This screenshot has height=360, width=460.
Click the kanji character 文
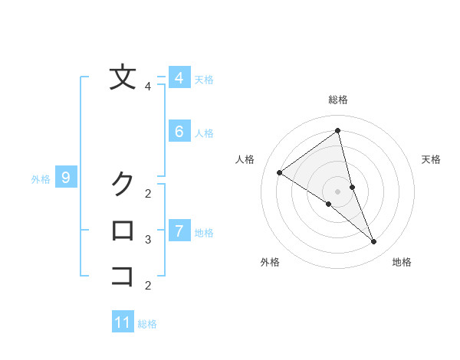[x=123, y=78]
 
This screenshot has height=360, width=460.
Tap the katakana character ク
[x=123, y=184]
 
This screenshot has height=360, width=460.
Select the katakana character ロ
[x=123, y=230]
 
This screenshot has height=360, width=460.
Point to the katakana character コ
[x=123, y=276]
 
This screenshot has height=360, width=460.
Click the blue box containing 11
[x=123, y=322]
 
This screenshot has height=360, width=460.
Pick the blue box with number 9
[x=66, y=178]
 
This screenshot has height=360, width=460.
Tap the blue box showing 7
[x=179, y=231]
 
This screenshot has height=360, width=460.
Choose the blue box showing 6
[x=179, y=131]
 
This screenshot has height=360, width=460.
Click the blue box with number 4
[x=179, y=78]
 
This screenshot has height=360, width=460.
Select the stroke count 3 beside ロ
[x=148, y=240]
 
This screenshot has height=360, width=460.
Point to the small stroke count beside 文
[x=148, y=87]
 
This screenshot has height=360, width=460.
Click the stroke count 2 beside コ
[x=148, y=286]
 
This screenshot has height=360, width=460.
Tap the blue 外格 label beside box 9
[x=41, y=179]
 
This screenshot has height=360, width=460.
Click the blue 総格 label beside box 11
[x=147, y=324]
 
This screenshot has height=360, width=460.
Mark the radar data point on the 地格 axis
[x=374, y=242]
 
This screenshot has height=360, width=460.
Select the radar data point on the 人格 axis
[x=279, y=172]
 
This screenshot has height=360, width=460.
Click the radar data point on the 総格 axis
[x=337, y=130]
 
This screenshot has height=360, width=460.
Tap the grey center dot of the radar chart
[x=337, y=191]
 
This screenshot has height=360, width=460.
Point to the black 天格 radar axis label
[x=432, y=159]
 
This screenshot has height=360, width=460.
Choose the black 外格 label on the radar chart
[x=270, y=262]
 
